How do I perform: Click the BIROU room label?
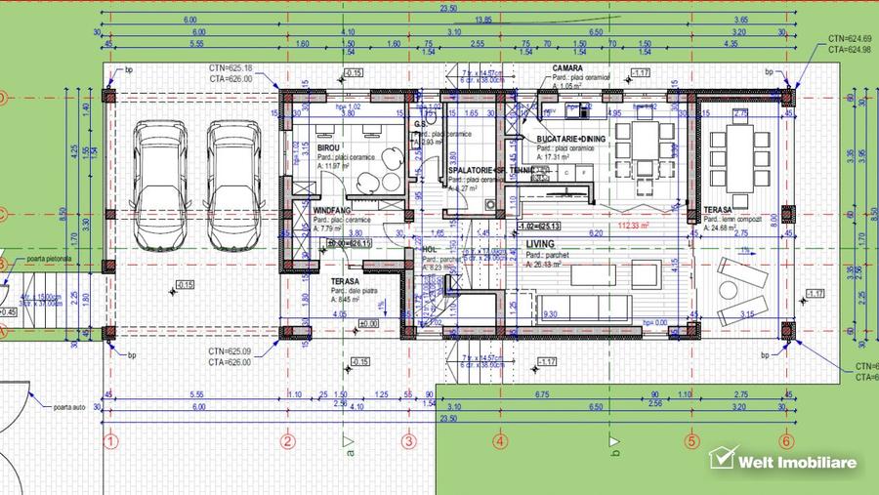coord(328,147)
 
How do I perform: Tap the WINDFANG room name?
coord(332,210)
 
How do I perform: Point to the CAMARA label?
coord(566,68)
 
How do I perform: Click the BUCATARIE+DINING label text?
coord(571,140)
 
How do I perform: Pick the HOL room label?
coord(430,250)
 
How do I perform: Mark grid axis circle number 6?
coord(785,440)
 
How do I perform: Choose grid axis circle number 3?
coord(408,440)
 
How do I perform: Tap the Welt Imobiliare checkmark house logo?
coord(722,459)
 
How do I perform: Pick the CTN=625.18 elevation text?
coord(230,68)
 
